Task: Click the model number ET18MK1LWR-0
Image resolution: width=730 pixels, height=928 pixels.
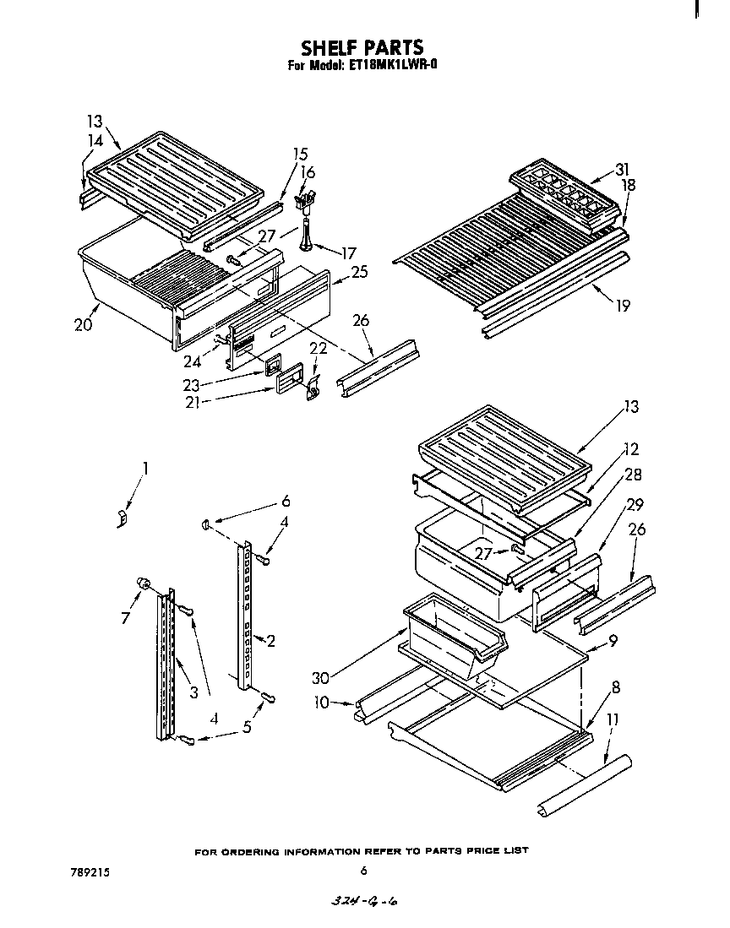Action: point(392,64)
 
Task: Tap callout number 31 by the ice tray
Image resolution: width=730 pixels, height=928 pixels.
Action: point(622,169)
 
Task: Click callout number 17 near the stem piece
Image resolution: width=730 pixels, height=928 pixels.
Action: point(348,252)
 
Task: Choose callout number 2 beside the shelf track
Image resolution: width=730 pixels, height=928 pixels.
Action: point(270,641)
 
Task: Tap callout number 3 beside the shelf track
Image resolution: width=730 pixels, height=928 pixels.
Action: point(193,692)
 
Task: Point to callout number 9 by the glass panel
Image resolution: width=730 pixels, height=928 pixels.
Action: point(612,641)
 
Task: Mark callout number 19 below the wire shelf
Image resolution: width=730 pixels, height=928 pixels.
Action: point(623,307)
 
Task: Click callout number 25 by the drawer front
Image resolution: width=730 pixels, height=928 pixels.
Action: point(359,272)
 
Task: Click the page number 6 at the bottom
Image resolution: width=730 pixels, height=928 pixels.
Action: point(363,871)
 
